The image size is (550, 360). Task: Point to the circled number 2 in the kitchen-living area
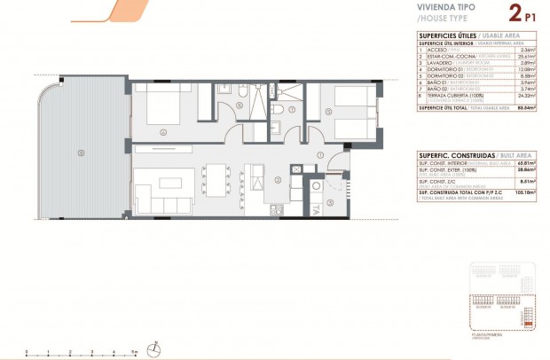pos(278,180)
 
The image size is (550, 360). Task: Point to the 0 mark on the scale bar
pos(27,352)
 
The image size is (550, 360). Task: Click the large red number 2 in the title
pos(515,13)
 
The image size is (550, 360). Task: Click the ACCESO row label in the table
pos(436,50)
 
